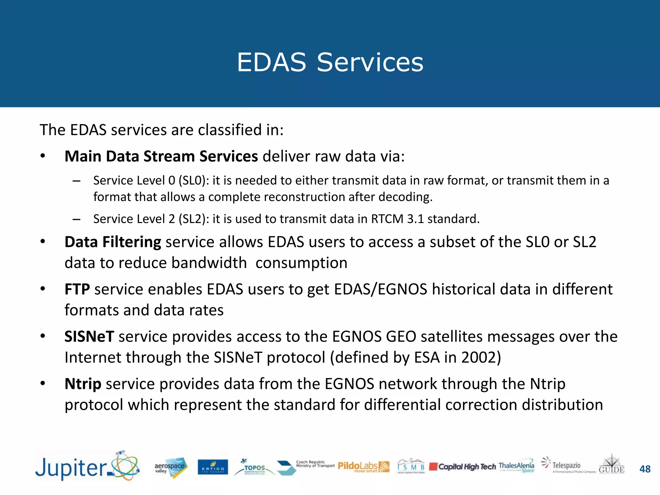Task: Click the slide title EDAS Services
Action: [x=330, y=62]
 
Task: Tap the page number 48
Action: [x=645, y=469]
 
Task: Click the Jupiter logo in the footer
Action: [x=87, y=467]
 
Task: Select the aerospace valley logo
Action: [x=170, y=467]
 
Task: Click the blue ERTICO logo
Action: [x=213, y=467]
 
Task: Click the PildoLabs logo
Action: [x=363, y=466]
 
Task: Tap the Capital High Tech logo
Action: [x=463, y=467]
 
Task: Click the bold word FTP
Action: [x=77, y=289]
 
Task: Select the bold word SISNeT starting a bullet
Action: [x=89, y=336]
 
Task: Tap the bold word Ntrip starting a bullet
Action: [x=83, y=384]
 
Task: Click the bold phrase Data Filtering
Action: [x=113, y=242]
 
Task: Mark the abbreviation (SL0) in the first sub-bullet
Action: [x=192, y=180]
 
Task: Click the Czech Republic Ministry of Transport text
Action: [x=315, y=464]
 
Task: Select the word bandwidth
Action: [x=209, y=263]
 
